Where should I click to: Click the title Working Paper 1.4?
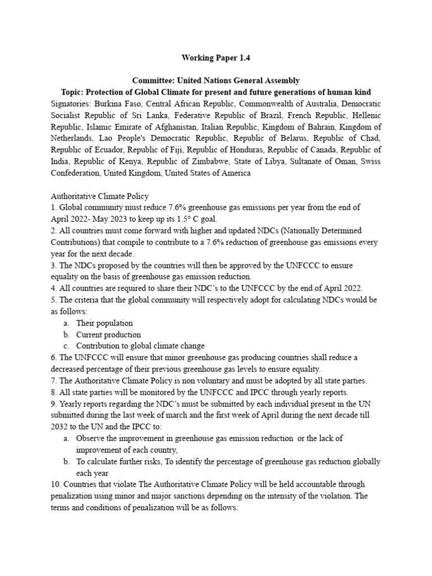(215, 57)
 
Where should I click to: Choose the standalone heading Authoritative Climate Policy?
(100, 196)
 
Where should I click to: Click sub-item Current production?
(109, 335)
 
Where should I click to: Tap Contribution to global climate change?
(141, 346)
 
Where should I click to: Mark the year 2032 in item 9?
(60, 427)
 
